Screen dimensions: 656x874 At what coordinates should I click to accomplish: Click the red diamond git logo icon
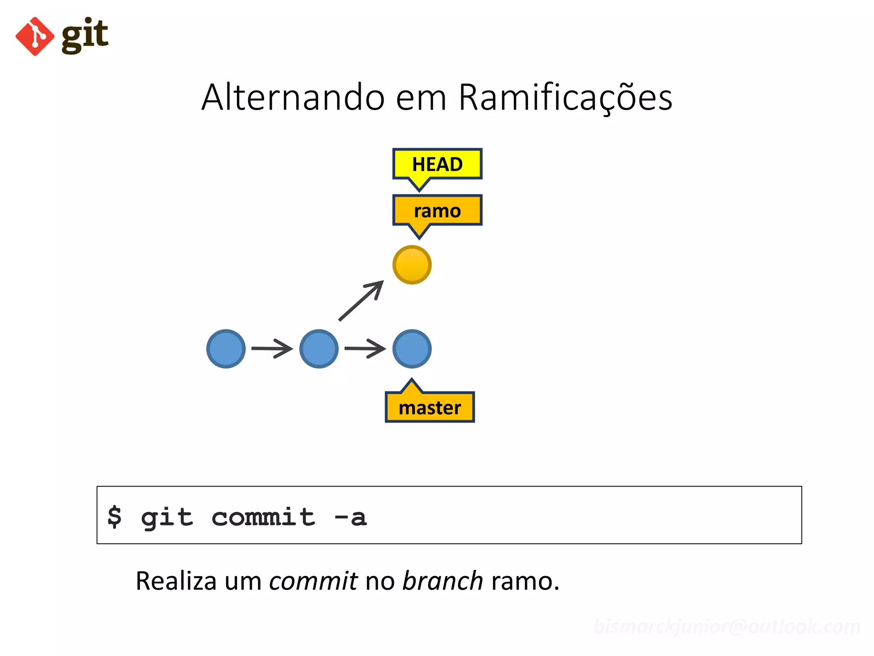tap(35, 37)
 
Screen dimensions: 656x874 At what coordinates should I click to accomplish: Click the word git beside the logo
tap(85, 36)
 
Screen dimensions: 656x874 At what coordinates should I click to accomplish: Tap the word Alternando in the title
tap(294, 97)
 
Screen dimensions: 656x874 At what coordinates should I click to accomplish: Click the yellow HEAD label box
tap(437, 164)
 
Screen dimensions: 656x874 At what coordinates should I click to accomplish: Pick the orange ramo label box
tap(437, 211)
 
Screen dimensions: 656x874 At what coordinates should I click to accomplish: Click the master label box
tap(430, 407)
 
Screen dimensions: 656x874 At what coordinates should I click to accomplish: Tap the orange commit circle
tap(412, 265)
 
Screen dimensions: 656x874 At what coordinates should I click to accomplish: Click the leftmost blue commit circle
tap(226, 349)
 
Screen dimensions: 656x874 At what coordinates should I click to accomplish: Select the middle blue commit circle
tap(319, 349)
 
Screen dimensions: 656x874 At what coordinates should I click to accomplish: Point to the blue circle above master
tap(412, 349)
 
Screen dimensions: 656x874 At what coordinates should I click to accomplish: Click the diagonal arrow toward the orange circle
tap(361, 301)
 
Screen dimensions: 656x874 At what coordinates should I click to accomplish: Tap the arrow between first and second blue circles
tap(272, 348)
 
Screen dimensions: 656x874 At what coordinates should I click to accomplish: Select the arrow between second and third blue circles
tap(365, 348)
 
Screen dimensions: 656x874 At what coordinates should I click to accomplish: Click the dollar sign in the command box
tap(114, 517)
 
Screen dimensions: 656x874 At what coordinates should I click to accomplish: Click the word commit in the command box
tap(263, 517)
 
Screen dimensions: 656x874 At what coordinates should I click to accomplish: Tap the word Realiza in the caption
tap(176, 581)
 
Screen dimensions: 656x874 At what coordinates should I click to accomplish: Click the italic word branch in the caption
tap(443, 581)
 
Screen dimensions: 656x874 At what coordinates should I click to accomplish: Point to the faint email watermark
tap(727, 627)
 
